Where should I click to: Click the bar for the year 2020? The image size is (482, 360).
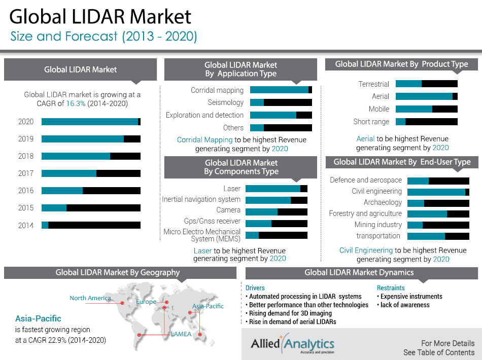pos(91,122)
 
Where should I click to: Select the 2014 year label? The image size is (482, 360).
pos(26,226)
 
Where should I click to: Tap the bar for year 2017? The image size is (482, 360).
pos(91,173)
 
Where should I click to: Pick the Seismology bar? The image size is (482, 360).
pos(281,102)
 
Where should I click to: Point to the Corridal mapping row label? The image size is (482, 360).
pos(217,90)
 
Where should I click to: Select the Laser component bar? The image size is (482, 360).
pos(277,189)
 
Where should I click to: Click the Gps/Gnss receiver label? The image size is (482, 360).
pos(212,221)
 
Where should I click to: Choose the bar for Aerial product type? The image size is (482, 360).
pos(427,96)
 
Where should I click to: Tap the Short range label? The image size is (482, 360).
pos(371,122)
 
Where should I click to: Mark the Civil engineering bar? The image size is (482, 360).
pos(438,192)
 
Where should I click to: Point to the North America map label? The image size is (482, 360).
pos(90,298)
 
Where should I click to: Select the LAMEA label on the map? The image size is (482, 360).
pos(181,335)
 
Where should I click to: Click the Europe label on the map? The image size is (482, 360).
pos(146,302)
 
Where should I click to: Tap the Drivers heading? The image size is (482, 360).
pos(255,288)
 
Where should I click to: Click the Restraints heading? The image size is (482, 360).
pos(391,288)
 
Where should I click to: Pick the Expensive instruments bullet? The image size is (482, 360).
pos(411,297)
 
